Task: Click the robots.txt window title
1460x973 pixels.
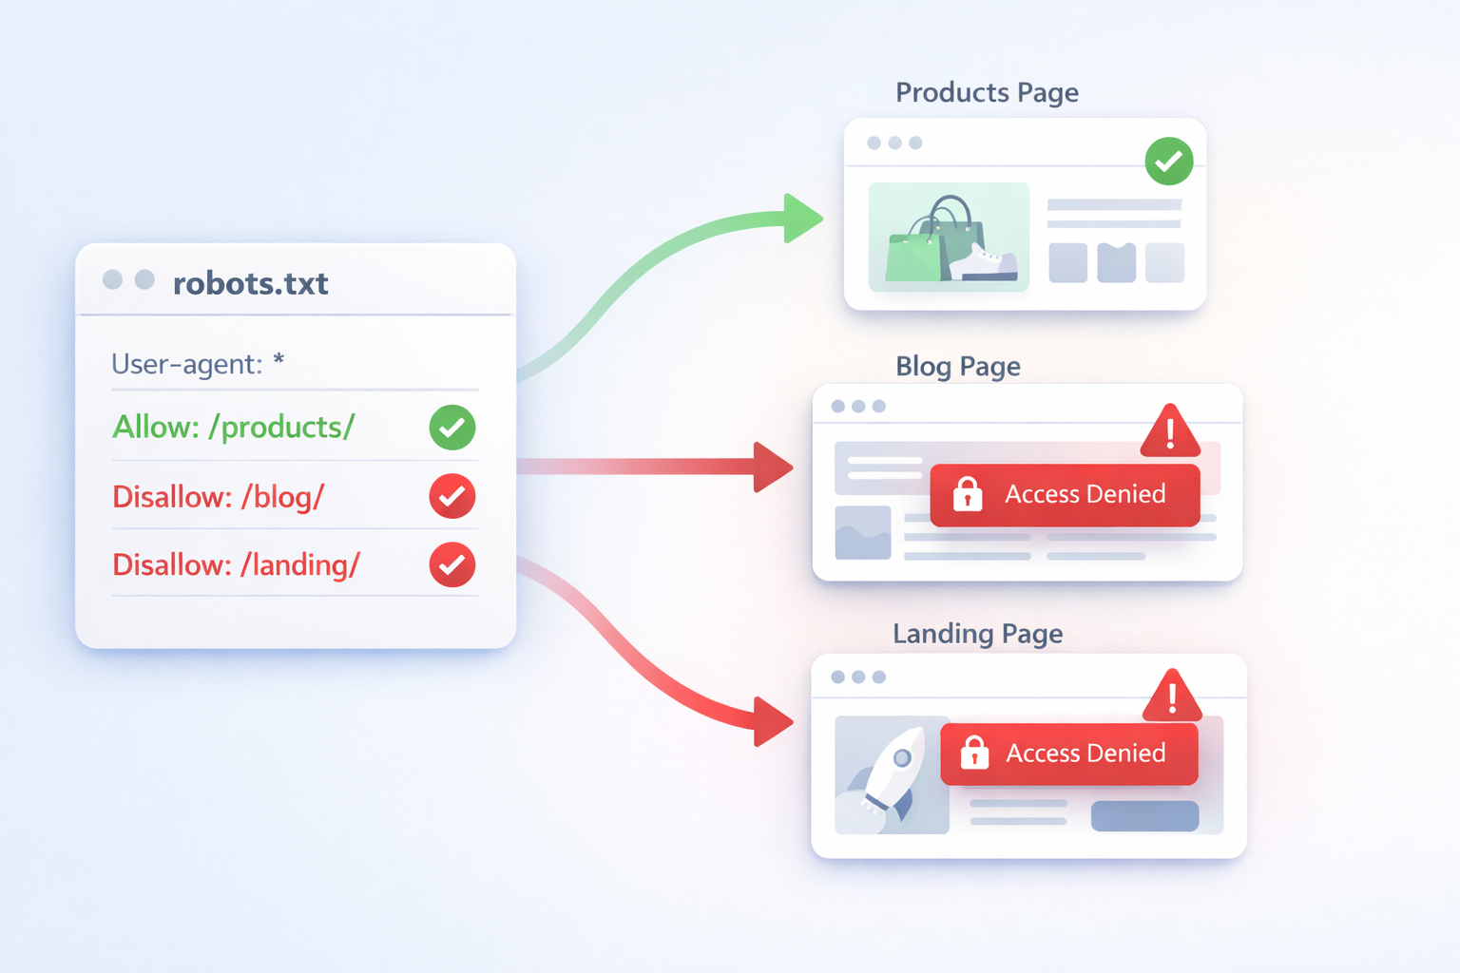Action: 250,283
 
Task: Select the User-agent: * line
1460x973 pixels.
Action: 198,364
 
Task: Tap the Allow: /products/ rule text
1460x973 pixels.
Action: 233,428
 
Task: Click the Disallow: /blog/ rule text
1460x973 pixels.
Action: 218,496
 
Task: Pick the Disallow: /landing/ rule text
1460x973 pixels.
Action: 236,565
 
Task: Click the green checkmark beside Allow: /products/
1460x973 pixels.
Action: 452,428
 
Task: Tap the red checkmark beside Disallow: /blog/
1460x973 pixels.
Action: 452,496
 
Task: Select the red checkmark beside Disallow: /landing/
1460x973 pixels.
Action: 452,565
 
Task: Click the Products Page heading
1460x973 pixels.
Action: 987,92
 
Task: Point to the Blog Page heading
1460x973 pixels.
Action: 957,366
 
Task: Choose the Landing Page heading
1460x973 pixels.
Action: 977,634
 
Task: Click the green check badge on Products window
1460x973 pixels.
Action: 1168,162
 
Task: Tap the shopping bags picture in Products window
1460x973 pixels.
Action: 949,238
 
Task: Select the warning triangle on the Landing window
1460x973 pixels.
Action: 1172,696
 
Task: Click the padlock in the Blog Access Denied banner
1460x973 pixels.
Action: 968,494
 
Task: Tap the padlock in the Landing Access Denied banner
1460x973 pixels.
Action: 974,753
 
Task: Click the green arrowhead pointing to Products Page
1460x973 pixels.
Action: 801,218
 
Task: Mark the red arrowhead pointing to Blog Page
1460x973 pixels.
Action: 772,467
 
